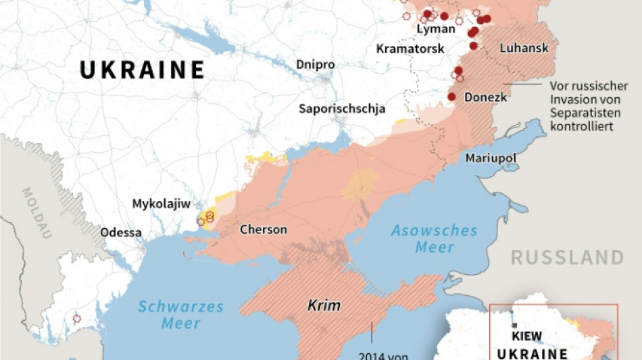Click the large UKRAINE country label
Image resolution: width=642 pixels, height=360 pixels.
pos(142,70)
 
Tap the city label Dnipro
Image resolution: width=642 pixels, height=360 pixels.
pos(315,64)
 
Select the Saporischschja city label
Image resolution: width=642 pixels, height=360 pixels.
pos(343,109)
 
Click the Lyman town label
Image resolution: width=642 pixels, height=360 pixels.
pos(436,29)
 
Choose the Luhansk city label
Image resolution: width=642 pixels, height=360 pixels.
pos(522,48)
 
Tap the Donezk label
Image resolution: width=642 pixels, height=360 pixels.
pos(485,97)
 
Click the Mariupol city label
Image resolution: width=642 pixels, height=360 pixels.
pos(491,158)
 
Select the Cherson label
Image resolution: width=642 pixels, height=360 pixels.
pos(264,230)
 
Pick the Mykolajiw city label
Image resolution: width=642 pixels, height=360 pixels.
pos(161,203)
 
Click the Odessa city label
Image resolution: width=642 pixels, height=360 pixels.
pos(121,233)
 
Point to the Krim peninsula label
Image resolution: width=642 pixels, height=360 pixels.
pos(324,305)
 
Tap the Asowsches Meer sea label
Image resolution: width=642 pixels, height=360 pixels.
pos(435,239)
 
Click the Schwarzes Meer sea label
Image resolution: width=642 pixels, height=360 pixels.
pos(180,315)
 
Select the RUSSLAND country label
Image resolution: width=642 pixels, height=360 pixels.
pos(567,257)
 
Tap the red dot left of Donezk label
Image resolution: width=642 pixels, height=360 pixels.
pos(451,97)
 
